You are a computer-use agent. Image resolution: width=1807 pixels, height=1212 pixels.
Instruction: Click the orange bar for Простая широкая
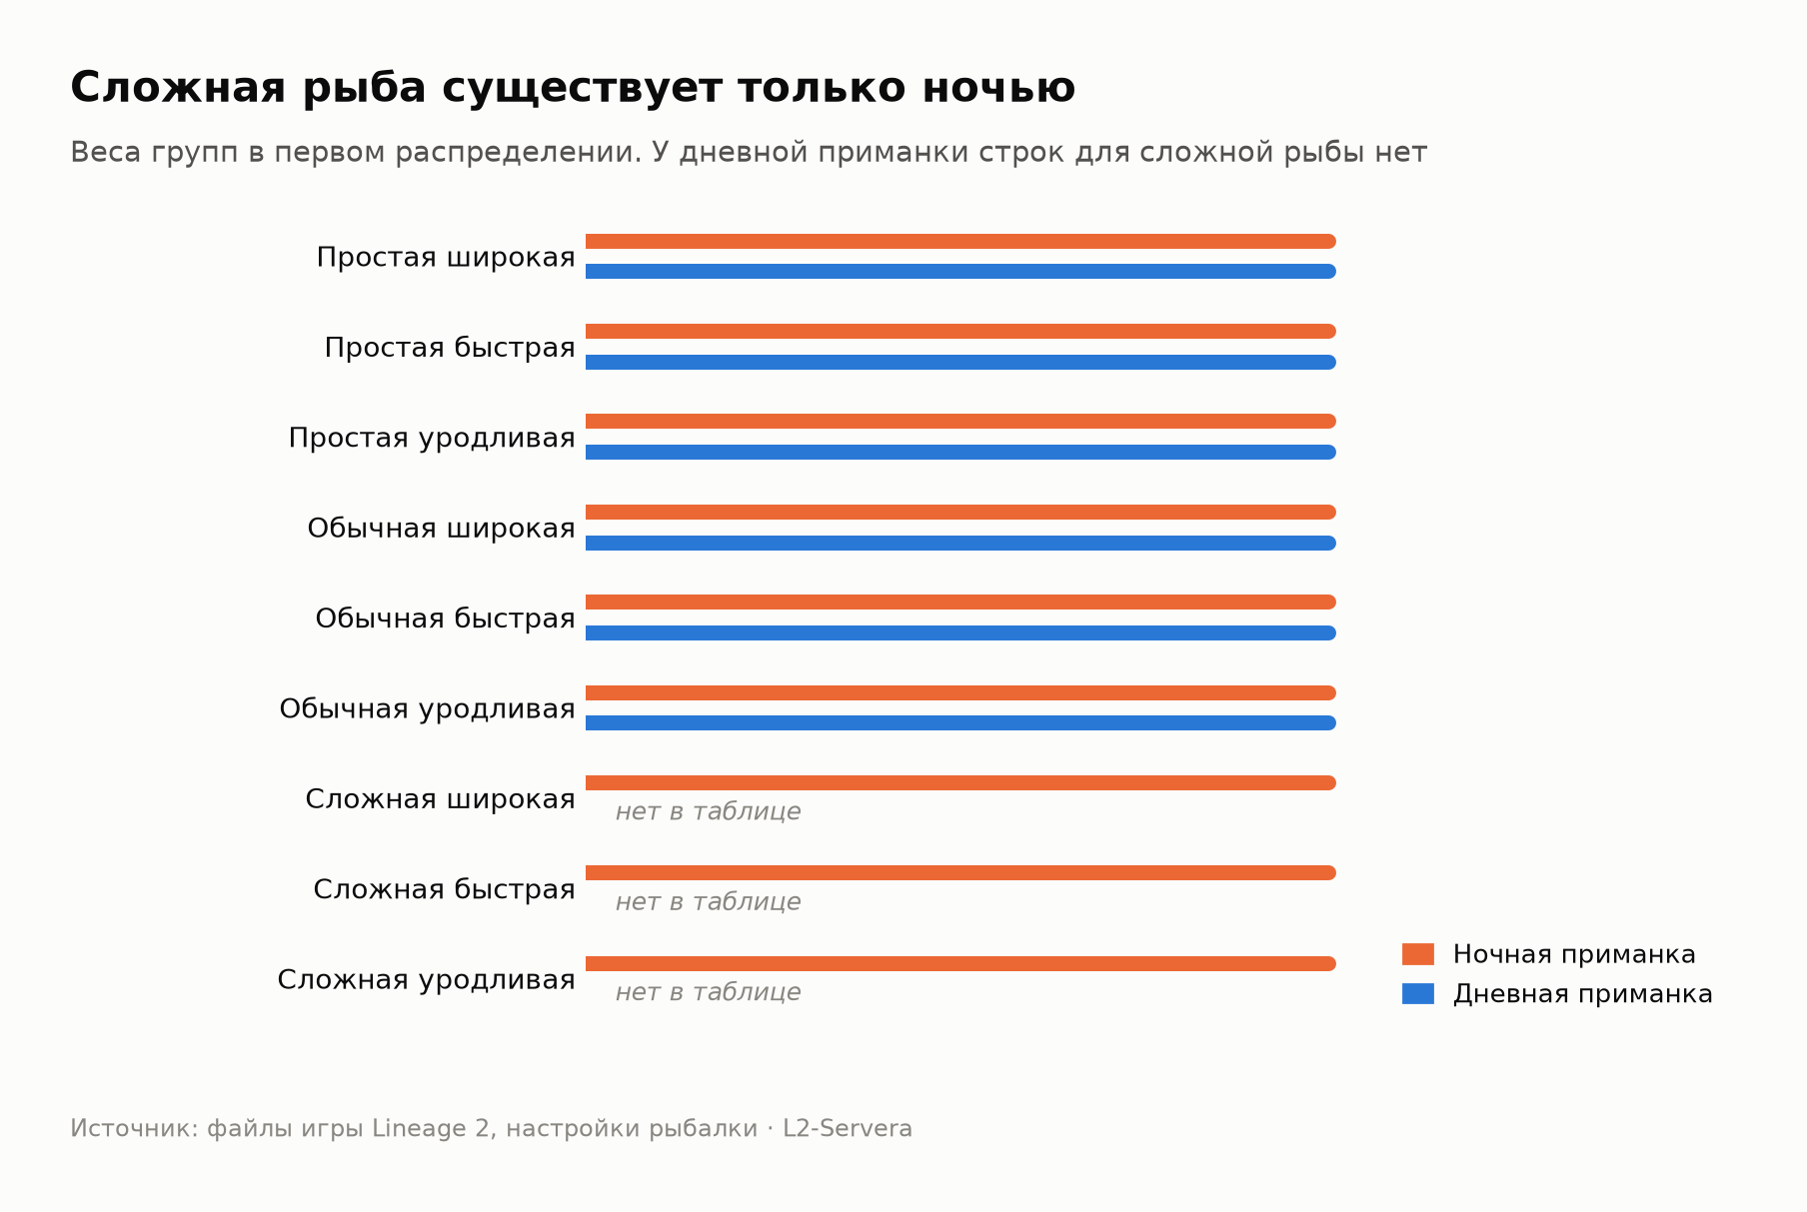click(x=960, y=241)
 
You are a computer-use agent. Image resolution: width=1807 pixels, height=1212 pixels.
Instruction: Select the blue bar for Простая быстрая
click(x=960, y=362)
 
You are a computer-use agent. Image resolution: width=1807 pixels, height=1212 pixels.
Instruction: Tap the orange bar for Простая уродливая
click(x=960, y=422)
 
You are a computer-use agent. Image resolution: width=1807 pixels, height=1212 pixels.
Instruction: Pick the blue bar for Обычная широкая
click(x=960, y=543)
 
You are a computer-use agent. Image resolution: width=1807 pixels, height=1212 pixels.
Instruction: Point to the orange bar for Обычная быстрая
click(x=960, y=603)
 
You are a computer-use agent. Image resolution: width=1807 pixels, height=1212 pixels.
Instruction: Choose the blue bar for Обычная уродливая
click(x=960, y=722)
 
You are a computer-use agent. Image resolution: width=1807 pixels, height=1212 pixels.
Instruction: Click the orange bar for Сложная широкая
click(x=960, y=783)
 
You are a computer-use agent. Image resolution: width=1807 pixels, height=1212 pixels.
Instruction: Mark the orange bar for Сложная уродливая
click(x=960, y=963)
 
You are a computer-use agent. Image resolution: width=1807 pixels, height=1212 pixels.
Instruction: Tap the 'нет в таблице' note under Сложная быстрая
click(x=708, y=902)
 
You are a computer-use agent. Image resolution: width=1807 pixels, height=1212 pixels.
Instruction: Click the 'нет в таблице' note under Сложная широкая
click(x=708, y=811)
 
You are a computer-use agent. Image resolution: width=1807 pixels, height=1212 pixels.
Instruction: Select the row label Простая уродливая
click(x=432, y=439)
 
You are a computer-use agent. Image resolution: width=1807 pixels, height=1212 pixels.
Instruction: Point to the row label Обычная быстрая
click(x=445, y=618)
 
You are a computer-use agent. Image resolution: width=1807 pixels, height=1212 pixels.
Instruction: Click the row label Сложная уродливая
click(x=426, y=980)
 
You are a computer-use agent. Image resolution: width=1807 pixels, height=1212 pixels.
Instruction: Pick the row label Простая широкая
click(x=446, y=258)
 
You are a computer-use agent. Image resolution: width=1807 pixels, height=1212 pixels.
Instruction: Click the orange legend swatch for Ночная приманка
click(x=1418, y=954)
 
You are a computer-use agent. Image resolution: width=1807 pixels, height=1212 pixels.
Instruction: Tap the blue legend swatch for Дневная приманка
click(x=1418, y=994)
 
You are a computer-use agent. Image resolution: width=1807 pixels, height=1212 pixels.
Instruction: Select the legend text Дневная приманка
click(x=1583, y=994)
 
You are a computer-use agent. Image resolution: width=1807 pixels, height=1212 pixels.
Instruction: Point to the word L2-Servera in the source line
click(x=848, y=1129)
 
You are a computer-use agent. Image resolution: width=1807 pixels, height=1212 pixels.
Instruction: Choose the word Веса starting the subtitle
click(x=103, y=153)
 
